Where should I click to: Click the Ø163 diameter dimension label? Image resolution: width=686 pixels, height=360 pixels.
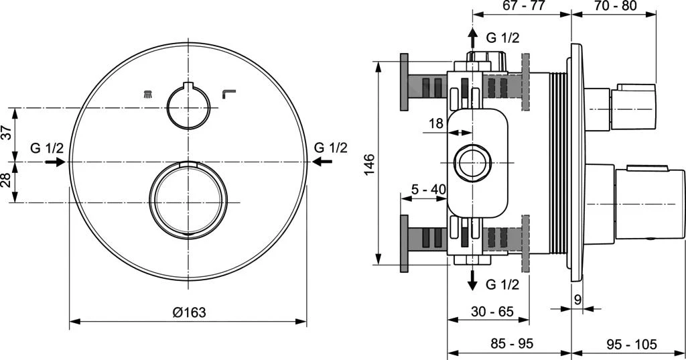[188, 312]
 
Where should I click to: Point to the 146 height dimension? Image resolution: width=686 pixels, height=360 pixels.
[370, 164]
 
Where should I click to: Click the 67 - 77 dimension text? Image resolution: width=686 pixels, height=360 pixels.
[523, 6]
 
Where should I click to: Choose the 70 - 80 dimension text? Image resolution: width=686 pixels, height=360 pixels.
[614, 6]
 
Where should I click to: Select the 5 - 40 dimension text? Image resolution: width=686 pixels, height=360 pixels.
[429, 190]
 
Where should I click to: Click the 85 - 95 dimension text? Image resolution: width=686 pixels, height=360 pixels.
[512, 344]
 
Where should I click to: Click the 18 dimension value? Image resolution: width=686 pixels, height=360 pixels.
[436, 123]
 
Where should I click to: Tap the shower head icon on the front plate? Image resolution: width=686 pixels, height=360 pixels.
[147, 94]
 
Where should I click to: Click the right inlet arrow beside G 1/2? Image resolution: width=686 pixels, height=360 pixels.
[323, 162]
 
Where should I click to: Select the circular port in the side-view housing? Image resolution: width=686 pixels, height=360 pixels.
[472, 162]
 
